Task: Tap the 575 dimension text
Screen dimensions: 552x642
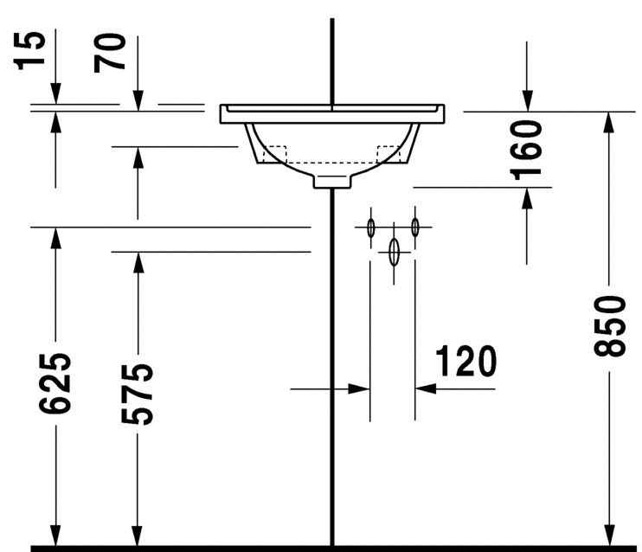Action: (137, 393)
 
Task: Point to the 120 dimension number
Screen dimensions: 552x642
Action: (465, 361)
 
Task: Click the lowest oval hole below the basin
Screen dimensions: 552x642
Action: (394, 252)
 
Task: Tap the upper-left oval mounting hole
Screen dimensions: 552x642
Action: (370, 228)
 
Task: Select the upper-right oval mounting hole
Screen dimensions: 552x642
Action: (415, 228)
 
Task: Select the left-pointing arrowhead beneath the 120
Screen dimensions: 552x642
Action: (426, 389)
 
